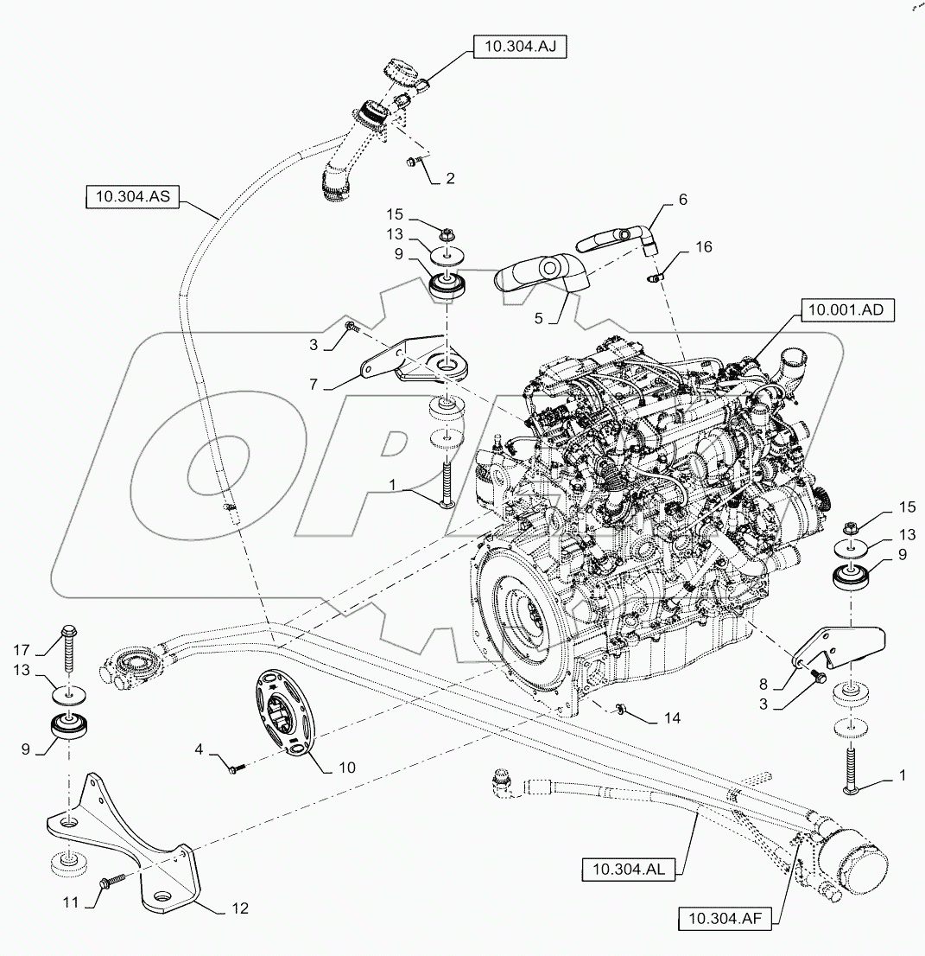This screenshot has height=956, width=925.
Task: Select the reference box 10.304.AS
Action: coord(131,198)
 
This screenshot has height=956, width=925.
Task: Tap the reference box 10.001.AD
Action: coord(845,309)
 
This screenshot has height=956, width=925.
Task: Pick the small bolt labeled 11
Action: coord(112,881)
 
